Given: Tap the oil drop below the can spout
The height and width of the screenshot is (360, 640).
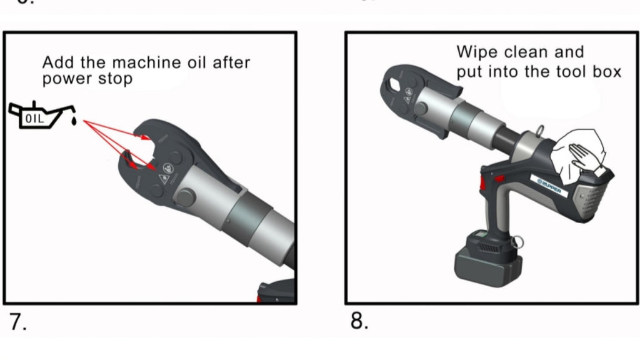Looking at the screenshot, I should [74, 121].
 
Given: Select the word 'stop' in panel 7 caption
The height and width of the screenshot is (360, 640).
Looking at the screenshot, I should [115, 80].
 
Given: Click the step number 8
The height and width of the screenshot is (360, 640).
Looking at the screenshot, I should [359, 321].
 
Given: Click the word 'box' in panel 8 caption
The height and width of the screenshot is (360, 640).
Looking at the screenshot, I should [607, 72].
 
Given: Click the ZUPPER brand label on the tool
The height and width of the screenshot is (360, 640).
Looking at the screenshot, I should [550, 186].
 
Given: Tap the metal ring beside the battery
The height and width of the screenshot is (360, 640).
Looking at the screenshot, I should [518, 241].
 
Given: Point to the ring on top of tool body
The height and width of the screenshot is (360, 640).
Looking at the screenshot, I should [540, 131].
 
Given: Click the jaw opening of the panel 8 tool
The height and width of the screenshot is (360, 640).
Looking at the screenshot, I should [394, 85].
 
